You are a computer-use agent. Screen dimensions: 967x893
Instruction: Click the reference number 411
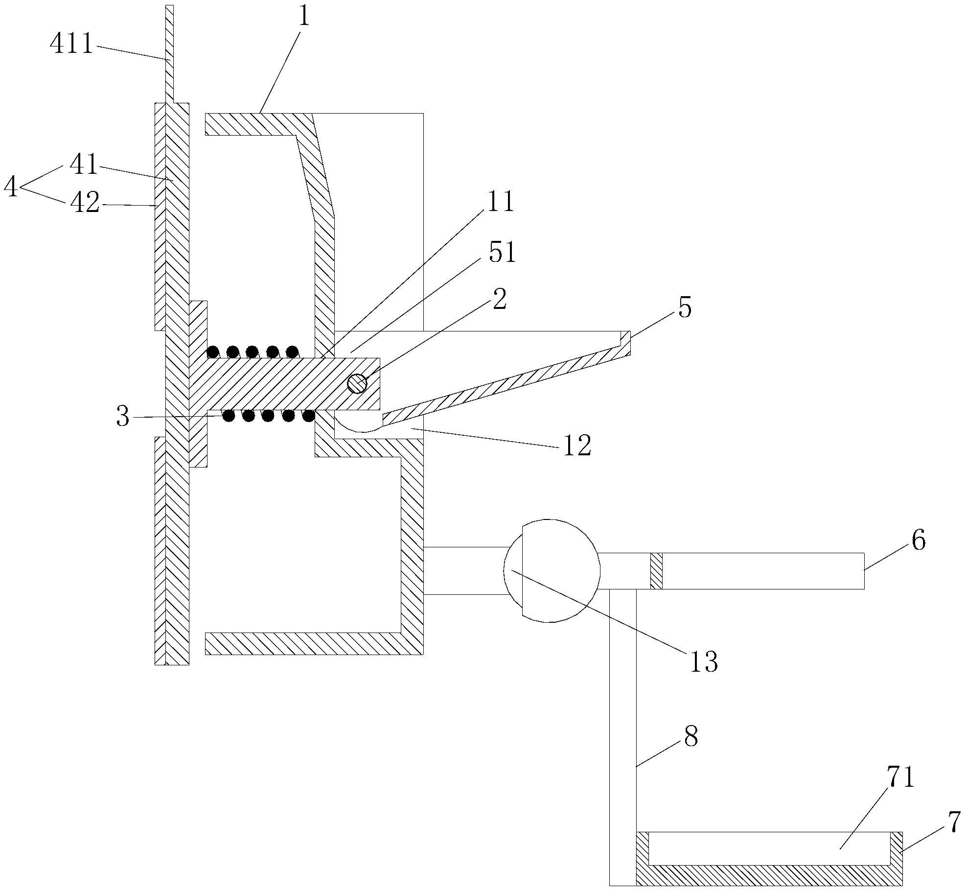(x=71, y=45)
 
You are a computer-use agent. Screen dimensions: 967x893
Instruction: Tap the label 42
(x=84, y=203)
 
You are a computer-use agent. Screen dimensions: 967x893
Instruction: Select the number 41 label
(x=84, y=165)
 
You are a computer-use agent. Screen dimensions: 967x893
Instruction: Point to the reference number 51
(x=501, y=253)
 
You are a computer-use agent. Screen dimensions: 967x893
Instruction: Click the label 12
(x=577, y=446)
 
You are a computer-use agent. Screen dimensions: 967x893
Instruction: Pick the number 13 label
(x=703, y=661)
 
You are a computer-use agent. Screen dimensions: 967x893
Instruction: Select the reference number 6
(x=919, y=541)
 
